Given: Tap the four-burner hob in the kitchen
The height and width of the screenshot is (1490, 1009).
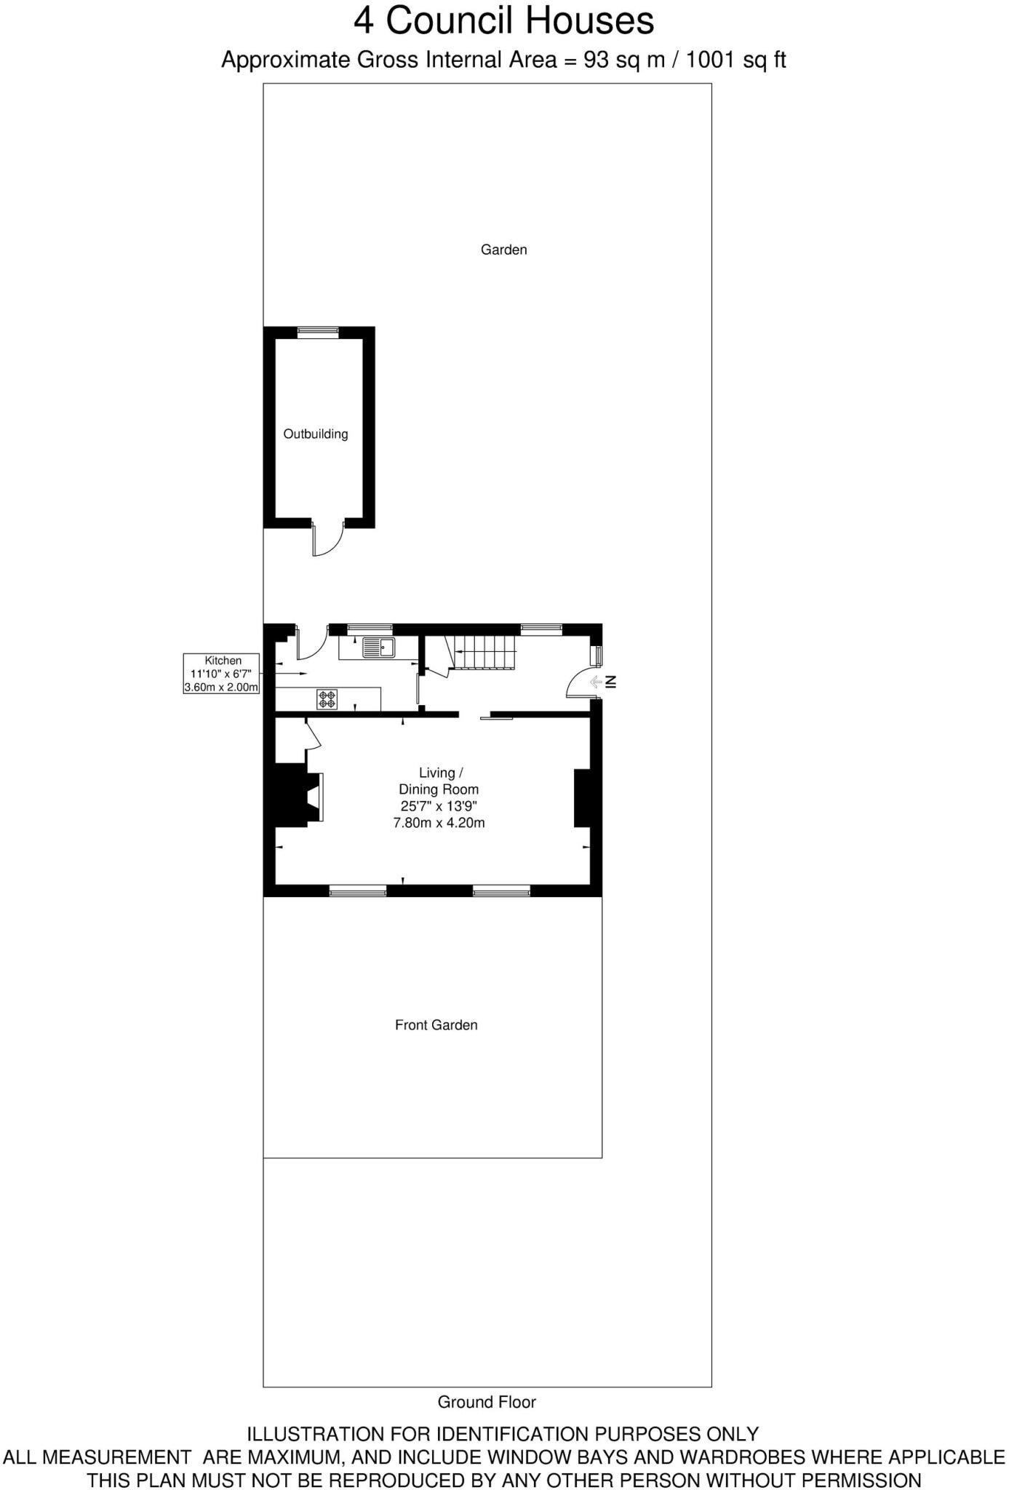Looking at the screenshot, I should (327, 699).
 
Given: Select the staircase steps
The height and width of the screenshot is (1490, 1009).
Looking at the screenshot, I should (484, 651).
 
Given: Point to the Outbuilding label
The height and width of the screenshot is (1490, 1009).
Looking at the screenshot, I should (315, 434).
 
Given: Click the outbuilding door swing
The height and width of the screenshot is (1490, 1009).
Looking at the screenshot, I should (328, 539).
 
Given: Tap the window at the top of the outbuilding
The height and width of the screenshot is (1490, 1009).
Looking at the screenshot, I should (318, 332).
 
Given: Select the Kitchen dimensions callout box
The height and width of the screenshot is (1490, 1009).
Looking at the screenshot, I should (221, 673).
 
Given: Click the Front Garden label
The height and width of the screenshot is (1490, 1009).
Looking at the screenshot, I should (436, 1025).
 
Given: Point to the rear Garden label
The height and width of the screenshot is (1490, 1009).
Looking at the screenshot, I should (503, 250).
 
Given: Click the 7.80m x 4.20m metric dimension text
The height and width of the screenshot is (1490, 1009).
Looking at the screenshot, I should (439, 823).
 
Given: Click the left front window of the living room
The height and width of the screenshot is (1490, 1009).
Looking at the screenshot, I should (357, 891).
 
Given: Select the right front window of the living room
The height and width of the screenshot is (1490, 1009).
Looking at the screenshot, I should (501, 891).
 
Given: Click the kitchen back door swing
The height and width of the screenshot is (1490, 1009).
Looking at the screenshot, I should (311, 640).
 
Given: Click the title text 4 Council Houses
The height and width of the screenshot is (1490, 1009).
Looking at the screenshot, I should (503, 20).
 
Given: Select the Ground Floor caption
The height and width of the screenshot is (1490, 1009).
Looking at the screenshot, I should (487, 1402).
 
